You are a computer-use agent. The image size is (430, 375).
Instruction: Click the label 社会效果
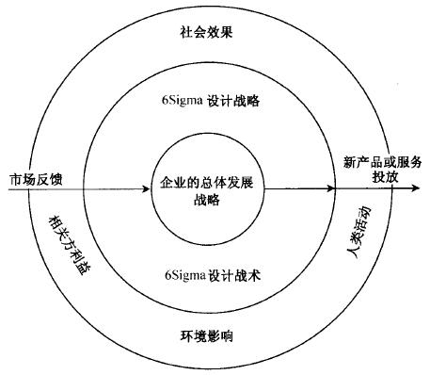(206, 32)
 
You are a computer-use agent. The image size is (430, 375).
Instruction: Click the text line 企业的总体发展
(206, 181)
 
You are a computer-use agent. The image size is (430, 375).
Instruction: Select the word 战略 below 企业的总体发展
(206, 199)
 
